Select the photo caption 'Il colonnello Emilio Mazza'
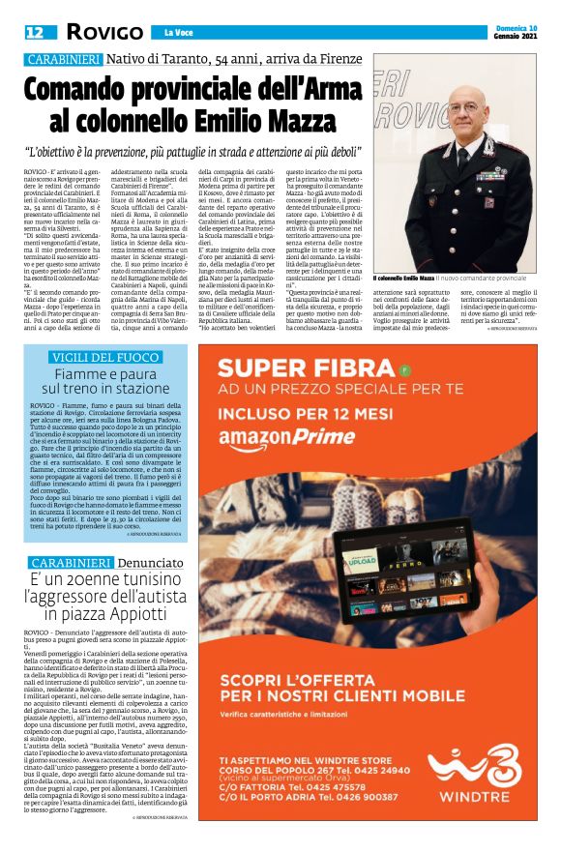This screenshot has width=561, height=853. [408, 279]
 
